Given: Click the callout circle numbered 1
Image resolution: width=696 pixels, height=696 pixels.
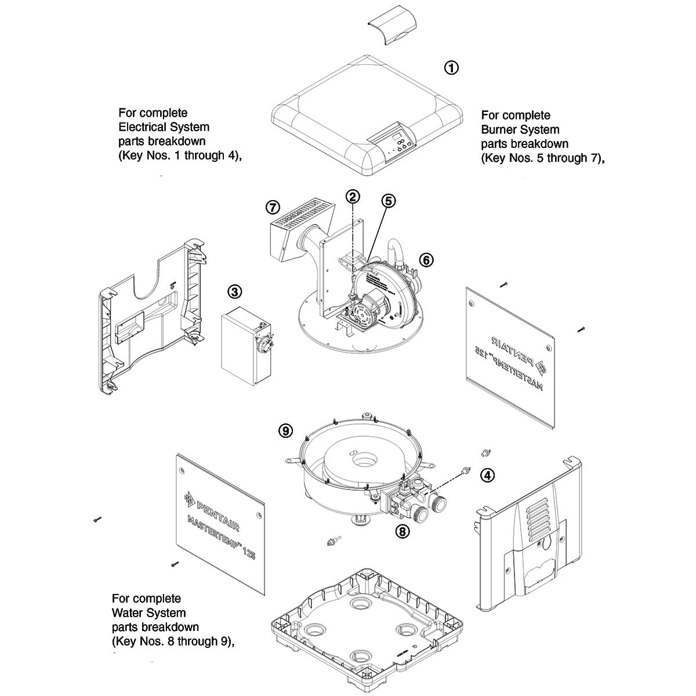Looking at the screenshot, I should click(451, 68).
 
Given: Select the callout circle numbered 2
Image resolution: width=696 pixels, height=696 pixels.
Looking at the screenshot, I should click(354, 196).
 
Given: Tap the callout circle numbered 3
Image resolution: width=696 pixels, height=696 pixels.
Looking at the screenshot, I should click(234, 292).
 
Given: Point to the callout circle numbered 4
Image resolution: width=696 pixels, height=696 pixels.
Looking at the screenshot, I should click(488, 476).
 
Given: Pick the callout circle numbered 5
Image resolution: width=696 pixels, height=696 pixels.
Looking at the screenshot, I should click(388, 201).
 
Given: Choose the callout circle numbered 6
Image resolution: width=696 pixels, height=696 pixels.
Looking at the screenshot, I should click(426, 260).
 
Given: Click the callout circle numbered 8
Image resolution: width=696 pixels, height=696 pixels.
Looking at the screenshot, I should click(403, 530).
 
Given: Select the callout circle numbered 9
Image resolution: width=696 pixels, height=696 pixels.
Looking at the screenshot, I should click(285, 430).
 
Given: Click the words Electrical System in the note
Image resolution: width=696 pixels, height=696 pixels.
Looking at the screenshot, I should click(164, 127).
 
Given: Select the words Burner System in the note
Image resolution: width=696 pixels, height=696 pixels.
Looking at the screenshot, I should click(520, 129).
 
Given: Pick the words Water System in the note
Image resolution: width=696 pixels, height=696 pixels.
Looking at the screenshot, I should click(149, 612).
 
